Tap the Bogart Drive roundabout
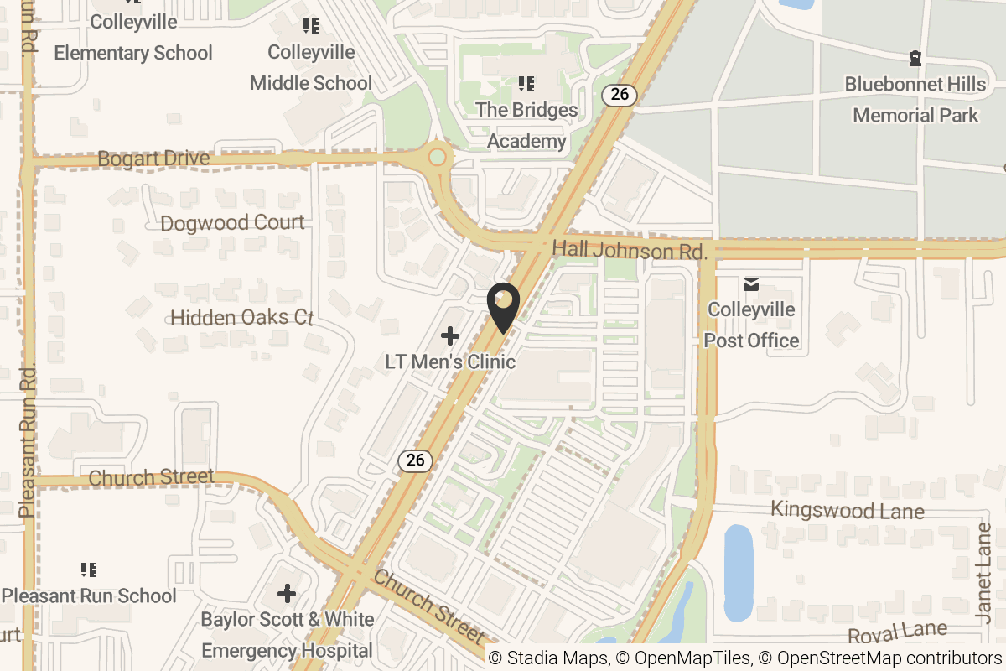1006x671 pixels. pos(437,156)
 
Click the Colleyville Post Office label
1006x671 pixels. pos(752,325)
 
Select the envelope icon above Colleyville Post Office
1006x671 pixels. pos(751,284)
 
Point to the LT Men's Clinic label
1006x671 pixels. pos(450,362)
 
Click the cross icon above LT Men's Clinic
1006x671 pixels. pos(450,336)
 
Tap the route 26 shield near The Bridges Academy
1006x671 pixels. pos(620,94)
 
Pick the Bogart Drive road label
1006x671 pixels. pos(153,159)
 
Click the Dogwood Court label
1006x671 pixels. pos(232,223)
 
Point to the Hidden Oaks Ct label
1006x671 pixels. pos(241,318)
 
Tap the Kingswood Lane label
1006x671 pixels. pos(847,510)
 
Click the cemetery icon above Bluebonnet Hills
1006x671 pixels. pos(915,59)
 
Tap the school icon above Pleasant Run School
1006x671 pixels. pos(89,570)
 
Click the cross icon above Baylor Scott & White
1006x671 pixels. pos(287,595)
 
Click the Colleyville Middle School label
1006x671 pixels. pos(311,68)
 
